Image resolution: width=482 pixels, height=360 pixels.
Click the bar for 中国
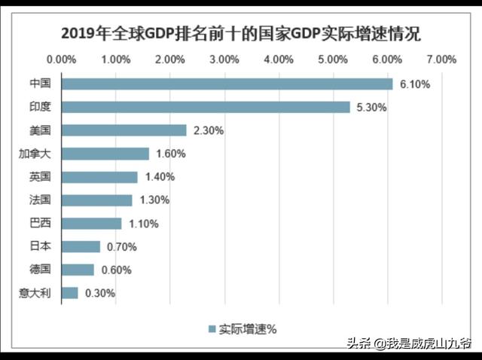(x=227, y=84)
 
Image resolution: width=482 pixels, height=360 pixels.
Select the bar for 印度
(x=206, y=107)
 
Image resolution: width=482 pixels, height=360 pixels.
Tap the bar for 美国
(x=124, y=130)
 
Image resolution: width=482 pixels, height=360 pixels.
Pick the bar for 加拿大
(x=105, y=154)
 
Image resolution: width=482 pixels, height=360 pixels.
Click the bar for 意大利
(x=69, y=293)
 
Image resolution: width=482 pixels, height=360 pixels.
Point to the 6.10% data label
(x=414, y=84)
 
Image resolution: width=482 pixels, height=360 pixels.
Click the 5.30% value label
(x=371, y=108)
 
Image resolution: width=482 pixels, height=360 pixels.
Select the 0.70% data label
(x=120, y=247)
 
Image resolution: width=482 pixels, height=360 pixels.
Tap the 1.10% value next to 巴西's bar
(x=142, y=224)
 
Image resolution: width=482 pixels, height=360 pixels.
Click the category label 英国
(x=40, y=177)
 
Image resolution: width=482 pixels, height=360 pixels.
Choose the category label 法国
(x=40, y=200)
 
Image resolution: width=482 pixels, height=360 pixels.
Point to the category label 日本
(x=40, y=246)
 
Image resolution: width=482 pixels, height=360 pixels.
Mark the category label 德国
(x=40, y=270)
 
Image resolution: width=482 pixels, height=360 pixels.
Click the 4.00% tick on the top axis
(x=279, y=59)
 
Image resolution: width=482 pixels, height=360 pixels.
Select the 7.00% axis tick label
(x=441, y=59)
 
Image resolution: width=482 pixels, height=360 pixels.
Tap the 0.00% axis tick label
(x=61, y=59)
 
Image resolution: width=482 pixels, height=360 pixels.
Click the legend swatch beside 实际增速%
(x=212, y=328)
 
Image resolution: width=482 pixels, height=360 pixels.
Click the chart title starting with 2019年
(x=240, y=33)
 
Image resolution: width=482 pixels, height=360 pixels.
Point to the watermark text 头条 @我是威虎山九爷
(x=407, y=343)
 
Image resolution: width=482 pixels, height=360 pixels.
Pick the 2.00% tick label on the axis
(x=170, y=59)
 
